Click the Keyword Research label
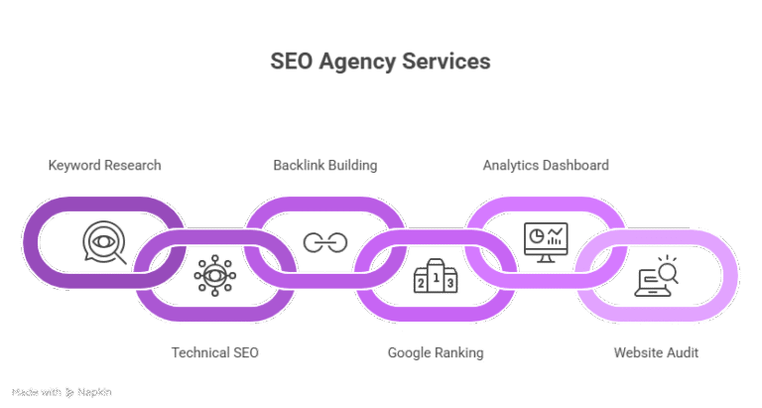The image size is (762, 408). pos(104,165)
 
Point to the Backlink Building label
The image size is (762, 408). pos(324,165)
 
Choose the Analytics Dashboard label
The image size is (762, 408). pos(545,165)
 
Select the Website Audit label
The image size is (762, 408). pos(655,352)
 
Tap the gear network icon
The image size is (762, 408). pos(213,274)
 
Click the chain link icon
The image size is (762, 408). pos(324,242)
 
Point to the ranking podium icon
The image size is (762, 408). pos(435,275)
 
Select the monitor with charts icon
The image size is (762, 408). pos(545,241)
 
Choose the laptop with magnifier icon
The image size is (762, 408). pos(655,275)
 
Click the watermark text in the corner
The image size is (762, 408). pos(61,392)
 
